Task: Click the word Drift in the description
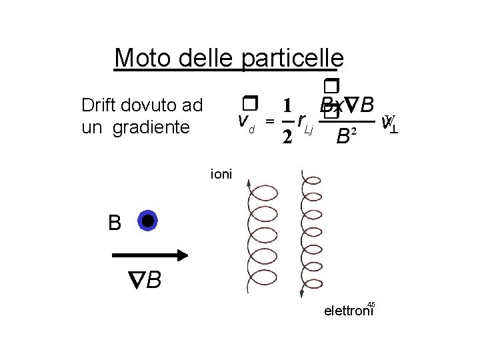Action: (x=98, y=105)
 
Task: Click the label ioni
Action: (x=221, y=174)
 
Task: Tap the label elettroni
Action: (x=347, y=311)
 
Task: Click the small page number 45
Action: (x=371, y=304)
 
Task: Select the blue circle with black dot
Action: (x=147, y=221)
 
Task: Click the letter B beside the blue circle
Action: (x=115, y=223)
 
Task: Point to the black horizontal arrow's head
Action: (x=183, y=255)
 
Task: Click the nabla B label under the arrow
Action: (x=145, y=280)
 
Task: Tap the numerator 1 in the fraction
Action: (x=286, y=106)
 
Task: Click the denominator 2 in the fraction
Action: (x=286, y=137)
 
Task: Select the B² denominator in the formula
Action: (x=346, y=137)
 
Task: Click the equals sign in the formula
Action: (x=269, y=121)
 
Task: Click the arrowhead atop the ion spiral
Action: (x=248, y=183)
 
